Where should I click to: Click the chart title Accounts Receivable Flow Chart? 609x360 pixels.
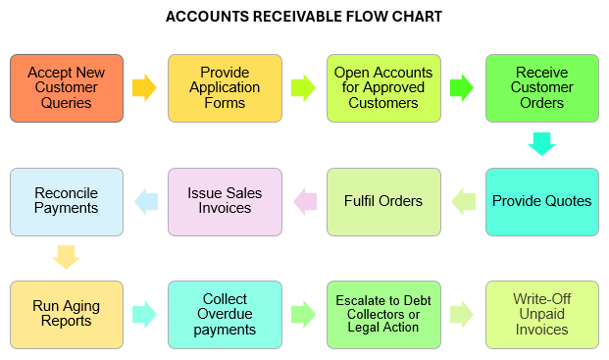pyautogui.click(x=304, y=17)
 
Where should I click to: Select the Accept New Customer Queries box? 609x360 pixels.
pyautogui.click(x=67, y=88)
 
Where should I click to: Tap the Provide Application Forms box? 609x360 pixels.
pyautogui.click(x=225, y=88)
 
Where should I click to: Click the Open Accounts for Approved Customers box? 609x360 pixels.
pyautogui.click(x=383, y=88)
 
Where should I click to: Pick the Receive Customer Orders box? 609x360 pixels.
pyautogui.click(x=541, y=88)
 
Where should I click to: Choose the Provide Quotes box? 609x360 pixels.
pyautogui.click(x=541, y=201)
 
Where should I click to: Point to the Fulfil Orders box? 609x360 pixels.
pyautogui.click(x=383, y=201)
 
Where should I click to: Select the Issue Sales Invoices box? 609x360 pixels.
pyautogui.click(x=225, y=201)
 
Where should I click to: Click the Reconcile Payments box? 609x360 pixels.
pyautogui.click(x=67, y=201)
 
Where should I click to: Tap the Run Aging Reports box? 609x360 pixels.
pyautogui.click(x=67, y=314)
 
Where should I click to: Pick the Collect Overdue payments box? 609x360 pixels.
pyautogui.click(x=225, y=314)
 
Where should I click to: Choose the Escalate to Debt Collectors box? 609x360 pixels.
pyautogui.click(x=383, y=314)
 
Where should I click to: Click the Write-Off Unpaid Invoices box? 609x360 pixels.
pyautogui.click(x=541, y=314)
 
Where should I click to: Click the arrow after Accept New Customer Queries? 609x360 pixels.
pyautogui.click(x=145, y=88)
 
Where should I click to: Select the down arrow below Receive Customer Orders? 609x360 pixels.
pyautogui.click(x=541, y=144)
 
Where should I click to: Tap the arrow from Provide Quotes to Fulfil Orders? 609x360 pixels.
pyautogui.click(x=463, y=201)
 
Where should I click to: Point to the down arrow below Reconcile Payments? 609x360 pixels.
pyautogui.click(x=67, y=257)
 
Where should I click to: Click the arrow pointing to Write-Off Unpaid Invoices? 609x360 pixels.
pyautogui.click(x=462, y=314)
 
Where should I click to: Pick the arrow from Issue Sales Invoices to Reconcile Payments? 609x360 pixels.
pyautogui.click(x=146, y=201)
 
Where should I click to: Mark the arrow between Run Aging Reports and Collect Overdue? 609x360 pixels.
pyautogui.click(x=145, y=314)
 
